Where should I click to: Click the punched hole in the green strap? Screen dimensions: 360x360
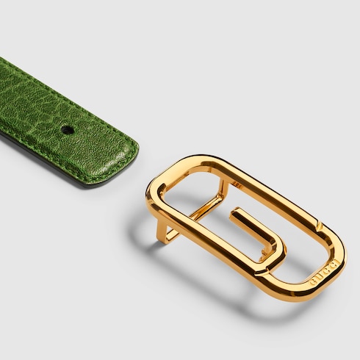coord(67,129)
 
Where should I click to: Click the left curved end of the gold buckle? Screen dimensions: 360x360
coord(151,192)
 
